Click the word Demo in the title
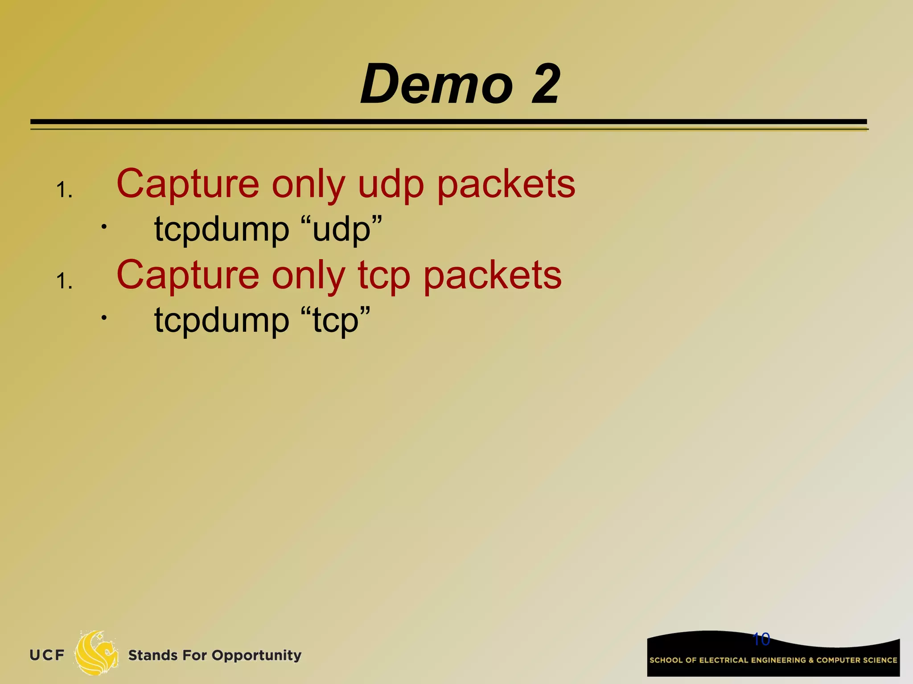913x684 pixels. pos(437,84)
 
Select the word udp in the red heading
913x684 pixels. pos(391,185)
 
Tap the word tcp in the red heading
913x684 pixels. pos(384,276)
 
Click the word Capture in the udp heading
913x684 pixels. pos(188,185)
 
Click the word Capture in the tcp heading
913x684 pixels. pos(188,276)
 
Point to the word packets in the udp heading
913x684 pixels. pos(506,185)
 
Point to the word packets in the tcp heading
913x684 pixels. pos(492,276)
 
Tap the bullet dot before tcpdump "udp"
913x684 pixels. pos(103,227)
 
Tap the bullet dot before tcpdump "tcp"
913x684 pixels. pos(103,318)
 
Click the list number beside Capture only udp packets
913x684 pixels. pos(64,191)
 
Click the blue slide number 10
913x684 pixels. pos(761,639)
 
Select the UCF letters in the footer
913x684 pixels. pos(47,655)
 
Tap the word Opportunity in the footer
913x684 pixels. pos(256,655)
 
